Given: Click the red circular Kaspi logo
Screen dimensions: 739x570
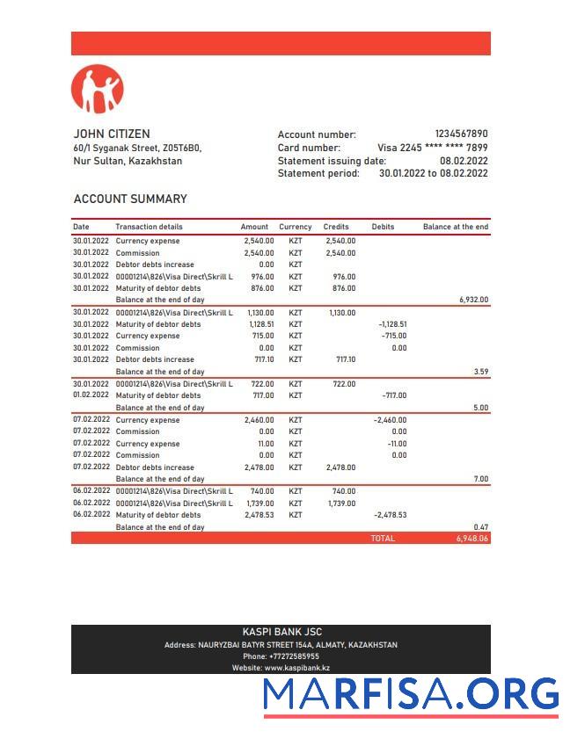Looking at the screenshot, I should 98,89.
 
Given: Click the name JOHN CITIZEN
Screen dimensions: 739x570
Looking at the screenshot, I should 112,134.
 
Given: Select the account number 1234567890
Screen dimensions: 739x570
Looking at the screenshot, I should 461,134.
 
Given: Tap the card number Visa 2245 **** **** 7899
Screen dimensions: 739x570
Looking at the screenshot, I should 432,148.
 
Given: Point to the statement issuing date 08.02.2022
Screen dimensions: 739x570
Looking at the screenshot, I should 464,161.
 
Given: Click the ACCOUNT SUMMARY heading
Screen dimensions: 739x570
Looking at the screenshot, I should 130,199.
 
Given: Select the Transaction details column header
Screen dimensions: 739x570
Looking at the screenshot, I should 149,227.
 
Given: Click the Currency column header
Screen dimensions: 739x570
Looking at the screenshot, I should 296,227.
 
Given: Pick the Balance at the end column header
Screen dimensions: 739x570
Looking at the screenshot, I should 455,227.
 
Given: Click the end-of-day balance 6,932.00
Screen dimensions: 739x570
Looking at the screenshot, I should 473,300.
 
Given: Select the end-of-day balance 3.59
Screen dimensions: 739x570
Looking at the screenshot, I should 480,372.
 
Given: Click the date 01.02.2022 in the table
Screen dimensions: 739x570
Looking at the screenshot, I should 91,395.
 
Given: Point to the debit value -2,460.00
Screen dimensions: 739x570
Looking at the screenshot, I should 390,420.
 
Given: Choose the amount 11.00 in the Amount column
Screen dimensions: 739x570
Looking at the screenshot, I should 265,444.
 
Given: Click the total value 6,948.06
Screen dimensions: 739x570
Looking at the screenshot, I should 472,538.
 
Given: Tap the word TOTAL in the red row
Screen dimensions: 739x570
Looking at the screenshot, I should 383,538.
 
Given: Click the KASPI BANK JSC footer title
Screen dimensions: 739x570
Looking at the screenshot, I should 281,632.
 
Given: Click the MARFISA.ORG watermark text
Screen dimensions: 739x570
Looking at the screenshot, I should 411,694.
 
